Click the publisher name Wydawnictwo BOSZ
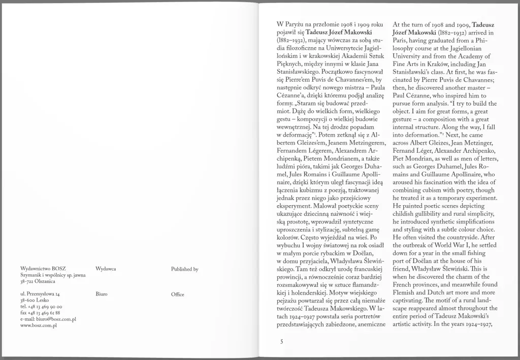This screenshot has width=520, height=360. click(43, 269)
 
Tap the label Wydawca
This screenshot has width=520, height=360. click(106, 269)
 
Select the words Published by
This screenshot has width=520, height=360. click(185, 269)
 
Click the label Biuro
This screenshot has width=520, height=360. click(101, 294)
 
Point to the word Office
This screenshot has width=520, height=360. click(178, 294)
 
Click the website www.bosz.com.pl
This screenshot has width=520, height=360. click(39, 325)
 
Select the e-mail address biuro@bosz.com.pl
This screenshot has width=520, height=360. click(48, 319)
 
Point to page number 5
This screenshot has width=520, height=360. click(281, 342)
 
